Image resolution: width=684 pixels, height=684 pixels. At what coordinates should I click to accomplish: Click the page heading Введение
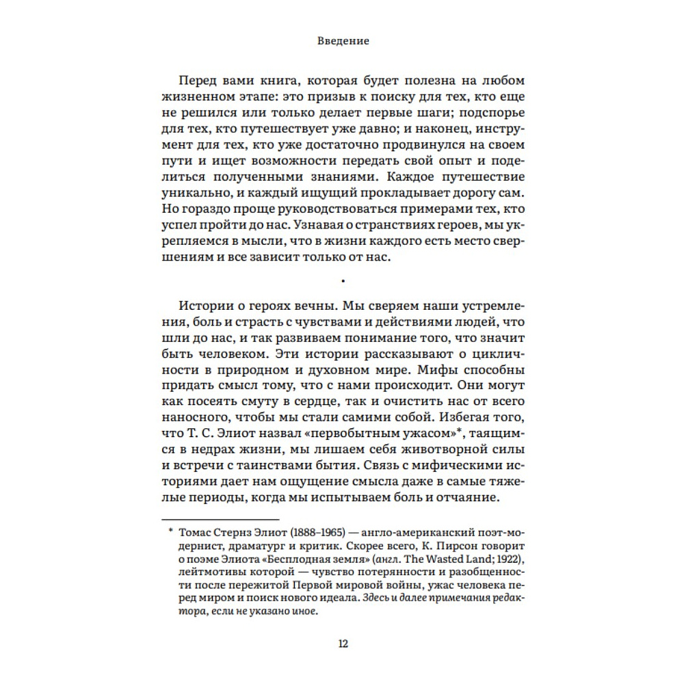click(x=343, y=41)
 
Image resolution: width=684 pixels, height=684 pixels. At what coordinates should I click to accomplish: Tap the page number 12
click(x=343, y=643)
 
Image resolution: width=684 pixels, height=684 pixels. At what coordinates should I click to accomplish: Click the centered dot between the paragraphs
click(x=342, y=279)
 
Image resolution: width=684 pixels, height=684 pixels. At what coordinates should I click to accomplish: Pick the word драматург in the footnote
click(x=261, y=547)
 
